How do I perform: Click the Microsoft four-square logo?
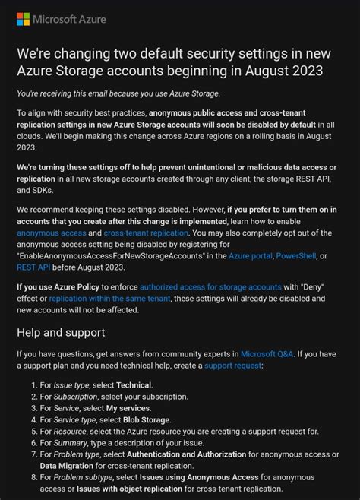[x=23, y=18]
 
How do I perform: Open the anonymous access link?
[x=50, y=233]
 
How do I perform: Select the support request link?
[x=232, y=366]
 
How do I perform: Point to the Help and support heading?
[x=61, y=332]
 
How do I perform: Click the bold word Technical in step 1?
[x=134, y=385]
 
